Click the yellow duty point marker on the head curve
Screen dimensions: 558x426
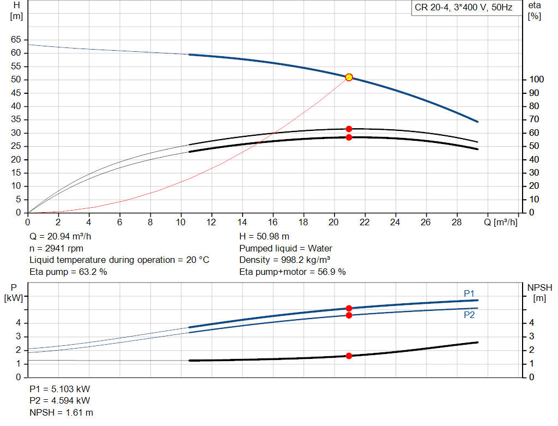coord(349,77)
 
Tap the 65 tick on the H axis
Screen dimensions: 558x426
coord(16,39)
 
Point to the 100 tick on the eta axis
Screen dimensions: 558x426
coord(536,80)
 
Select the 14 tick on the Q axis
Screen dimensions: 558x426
coord(242,222)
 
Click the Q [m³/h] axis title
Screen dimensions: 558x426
coord(500,222)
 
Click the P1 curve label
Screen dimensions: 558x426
coord(469,293)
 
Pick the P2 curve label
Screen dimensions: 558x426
coord(469,315)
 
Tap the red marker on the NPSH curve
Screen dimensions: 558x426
coord(349,356)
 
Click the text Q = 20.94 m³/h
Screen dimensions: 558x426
coord(60,237)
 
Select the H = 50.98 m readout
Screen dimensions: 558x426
coord(264,237)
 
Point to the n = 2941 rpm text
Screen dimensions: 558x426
coord(56,248)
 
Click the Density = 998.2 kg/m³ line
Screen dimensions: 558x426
coord(284,260)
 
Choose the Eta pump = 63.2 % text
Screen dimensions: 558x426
coord(68,272)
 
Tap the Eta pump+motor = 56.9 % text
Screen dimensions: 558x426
coord(292,272)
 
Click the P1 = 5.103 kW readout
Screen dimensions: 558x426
coord(59,389)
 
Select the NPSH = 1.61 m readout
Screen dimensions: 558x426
coord(61,412)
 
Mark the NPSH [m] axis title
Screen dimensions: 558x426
coord(539,293)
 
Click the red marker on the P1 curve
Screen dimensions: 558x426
coord(349,308)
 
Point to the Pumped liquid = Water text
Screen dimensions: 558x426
coord(286,248)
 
